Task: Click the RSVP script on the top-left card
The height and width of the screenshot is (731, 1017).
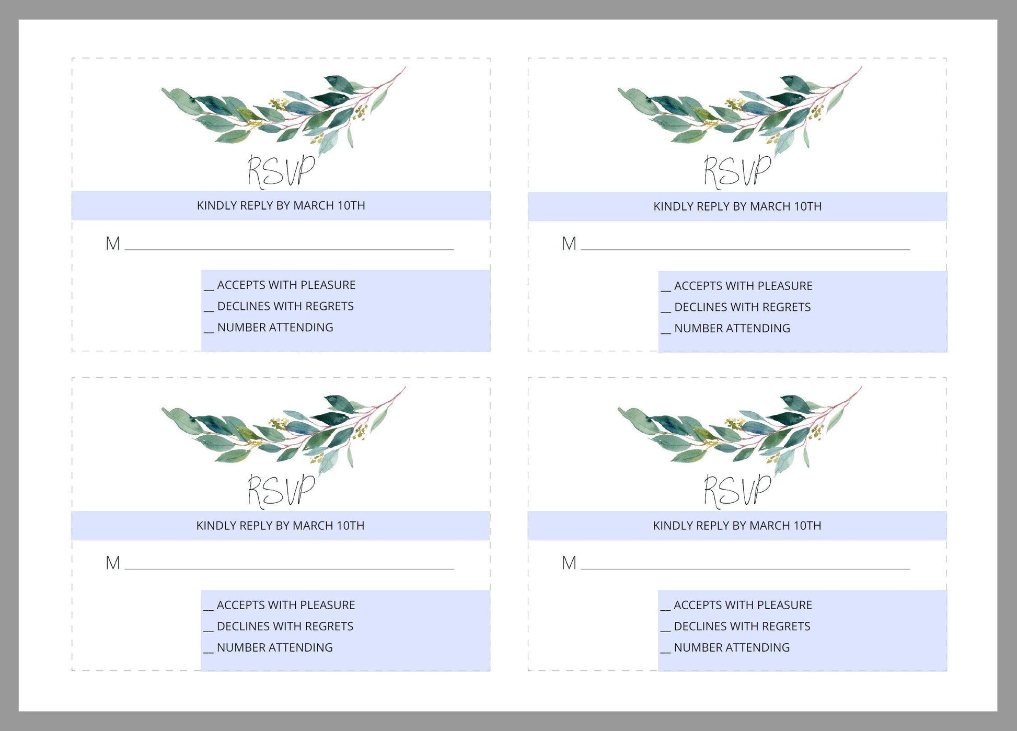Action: pyautogui.click(x=281, y=171)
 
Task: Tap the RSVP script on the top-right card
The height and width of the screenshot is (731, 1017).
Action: pyautogui.click(x=737, y=171)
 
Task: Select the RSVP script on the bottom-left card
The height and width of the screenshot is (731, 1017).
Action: pyautogui.click(x=281, y=491)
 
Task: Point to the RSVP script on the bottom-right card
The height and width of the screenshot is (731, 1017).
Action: pyautogui.click(x=737, y=491)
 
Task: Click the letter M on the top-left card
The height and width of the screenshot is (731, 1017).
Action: pyautogui.click(x=113, y=243)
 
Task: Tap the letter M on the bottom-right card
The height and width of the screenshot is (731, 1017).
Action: pyautogui.click(x=569, y=563)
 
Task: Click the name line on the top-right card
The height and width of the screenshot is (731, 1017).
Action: pyautogui.click(x=746, y=250)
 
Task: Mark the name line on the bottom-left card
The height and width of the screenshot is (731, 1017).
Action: pyautogui.click(x=290, y=569)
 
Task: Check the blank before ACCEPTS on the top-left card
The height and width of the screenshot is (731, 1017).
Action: pyautogui.click(x=209, y=289)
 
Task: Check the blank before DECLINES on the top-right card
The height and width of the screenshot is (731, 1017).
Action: pyautogui.click(x=666, y=311)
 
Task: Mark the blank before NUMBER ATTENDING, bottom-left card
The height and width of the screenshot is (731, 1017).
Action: pyautogui.click(x=209, y=652)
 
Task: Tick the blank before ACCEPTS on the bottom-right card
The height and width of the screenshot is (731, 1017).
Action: pyautogui.click(x=665, y=609)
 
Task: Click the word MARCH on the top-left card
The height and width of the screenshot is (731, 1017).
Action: pyautogui.click(x=314, y=205)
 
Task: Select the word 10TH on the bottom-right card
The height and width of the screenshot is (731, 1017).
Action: pyautogui.click(x=807, y=526)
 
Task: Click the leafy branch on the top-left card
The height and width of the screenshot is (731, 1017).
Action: pyautogui.click(x=284, y=111)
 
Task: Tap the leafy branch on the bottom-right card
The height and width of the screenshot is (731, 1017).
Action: pyautogui.click(x=740, y=431)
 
